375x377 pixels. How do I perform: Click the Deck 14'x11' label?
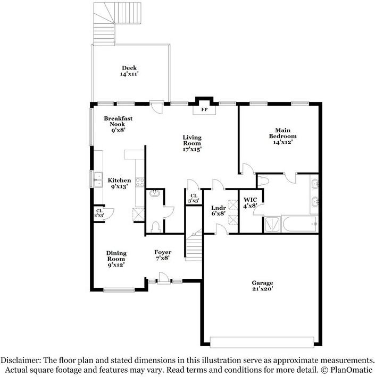coord(129,71)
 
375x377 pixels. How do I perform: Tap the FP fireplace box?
coord(204,110)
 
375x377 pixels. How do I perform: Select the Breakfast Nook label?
coord(118,124)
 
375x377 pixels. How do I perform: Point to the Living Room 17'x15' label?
coord(192,143)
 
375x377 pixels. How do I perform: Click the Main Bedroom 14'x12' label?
coord(286,136)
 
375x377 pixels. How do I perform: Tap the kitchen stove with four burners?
coord(140,182)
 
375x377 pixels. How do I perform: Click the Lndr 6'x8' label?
coord(219,210)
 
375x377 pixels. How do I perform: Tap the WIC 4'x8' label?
coord(250,202)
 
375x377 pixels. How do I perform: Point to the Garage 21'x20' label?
coord(263,286)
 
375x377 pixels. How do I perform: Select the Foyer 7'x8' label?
coord(163,255)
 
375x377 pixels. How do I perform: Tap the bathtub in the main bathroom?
coord(299,224)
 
